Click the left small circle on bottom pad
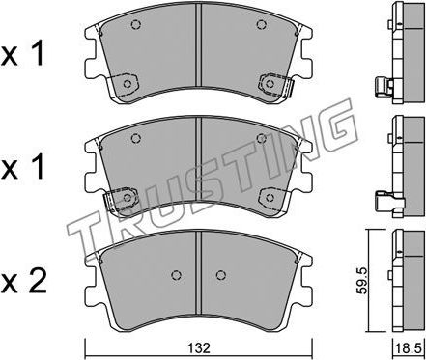pyautogui.click(x=177, y=273)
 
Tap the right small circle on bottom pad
pyautogui.click(x=220, y=273)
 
